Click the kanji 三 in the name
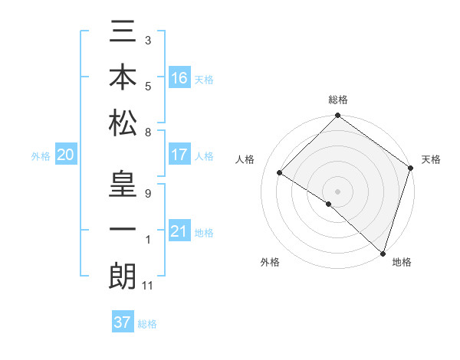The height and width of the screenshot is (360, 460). (x=123, y=34)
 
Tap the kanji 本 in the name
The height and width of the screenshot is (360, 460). (x=123, y=79)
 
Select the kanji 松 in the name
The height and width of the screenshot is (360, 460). (x=123, y=123)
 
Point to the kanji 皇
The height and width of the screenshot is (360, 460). (x=123, y=188)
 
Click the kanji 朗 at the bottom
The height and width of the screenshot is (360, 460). (x=123, y=276)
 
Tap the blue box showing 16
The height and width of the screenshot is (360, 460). (x=179, y=79)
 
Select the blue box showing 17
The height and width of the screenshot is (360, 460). (x=179, y=155)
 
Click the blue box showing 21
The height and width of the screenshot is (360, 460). (x=179, y=231)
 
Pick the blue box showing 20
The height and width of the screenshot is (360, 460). (x=66, y=155)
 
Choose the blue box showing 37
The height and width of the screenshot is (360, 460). (x=123, y=322)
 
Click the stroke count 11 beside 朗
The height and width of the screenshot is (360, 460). (x=149, y=286)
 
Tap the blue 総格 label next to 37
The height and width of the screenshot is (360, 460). (x=148, y=324)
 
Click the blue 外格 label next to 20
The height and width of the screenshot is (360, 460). (x=41, y=156)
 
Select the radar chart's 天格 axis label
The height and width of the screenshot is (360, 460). (x=431, y=159)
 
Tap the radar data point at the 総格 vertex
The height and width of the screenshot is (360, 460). (x=337, y=116)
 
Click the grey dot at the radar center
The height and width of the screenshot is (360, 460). (x=337, y=190)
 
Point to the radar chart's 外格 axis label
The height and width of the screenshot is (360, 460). (x=270, y=262)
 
